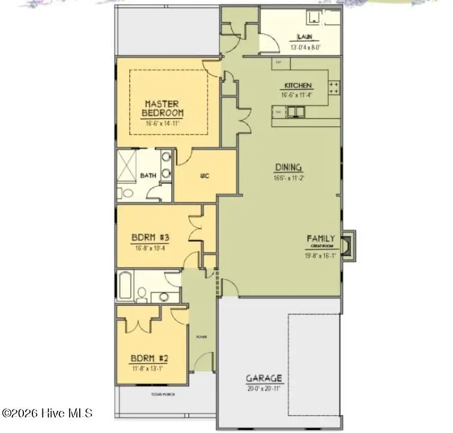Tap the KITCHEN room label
pyautogui.click(x=297, y=86)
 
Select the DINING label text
pyautogui.click(x=288, y=168)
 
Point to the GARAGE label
pyautogui.click(x=264, y=379)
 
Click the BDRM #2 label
pyautogui.click(x=150, y=359)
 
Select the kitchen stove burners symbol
pyautogui.click(x=334, y=88)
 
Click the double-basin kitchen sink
pyautogui.click(x=295, y=111)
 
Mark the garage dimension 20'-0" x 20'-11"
pyautogui.click(x=264, y=388)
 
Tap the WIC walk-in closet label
pyautogui.click(x=203, y=176)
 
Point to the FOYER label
pyautogui.click(x=201, y=337)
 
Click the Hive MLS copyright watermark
pyautogui.click(x=48, y=413)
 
